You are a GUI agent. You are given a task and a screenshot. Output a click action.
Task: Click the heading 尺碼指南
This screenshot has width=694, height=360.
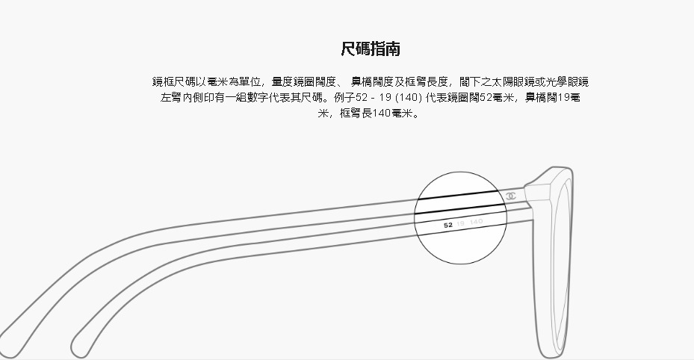370,49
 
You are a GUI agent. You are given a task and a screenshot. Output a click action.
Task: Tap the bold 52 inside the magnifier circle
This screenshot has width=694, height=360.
448,223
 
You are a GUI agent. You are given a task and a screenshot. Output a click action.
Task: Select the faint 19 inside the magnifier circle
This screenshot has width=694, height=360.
461,223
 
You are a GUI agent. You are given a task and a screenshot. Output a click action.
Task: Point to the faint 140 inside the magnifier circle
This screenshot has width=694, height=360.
477,222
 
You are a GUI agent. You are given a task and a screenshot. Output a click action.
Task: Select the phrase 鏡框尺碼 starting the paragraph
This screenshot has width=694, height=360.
171,81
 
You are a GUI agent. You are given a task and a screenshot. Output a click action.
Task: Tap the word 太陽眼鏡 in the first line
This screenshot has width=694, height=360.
511,81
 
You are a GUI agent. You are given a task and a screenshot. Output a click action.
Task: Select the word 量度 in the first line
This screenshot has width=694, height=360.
282,81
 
